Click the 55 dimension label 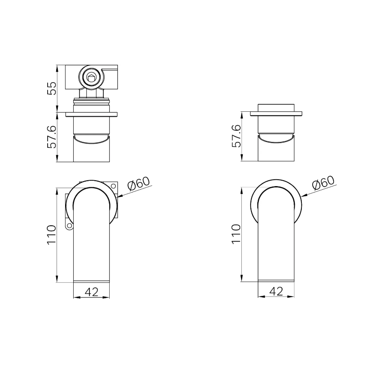[x=52, y=88]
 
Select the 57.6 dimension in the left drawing [x=52, y=137]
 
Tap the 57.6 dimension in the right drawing [x=236, y=136]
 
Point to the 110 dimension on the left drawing [x=52, y=235]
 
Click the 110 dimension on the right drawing [x=236, y=234]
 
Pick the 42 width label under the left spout [x=91, y=292]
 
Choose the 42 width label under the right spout [x=276, y=291]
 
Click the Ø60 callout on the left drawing [x=139, y=183]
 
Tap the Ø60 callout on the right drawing [x=324, y=183]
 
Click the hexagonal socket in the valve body [x=91, y=78]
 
